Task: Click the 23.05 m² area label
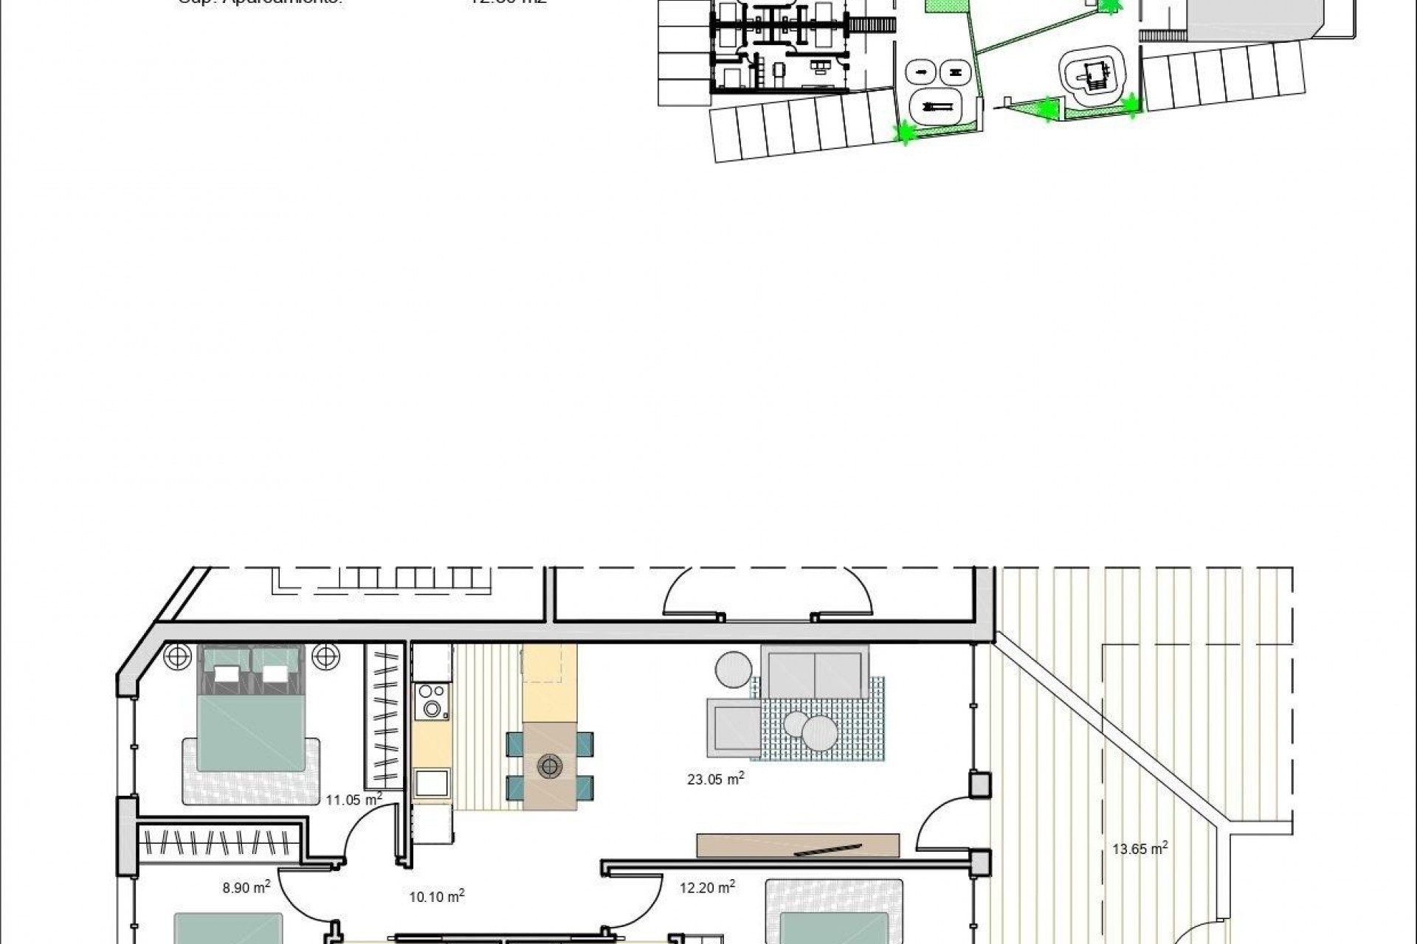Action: click(x=715, y=779)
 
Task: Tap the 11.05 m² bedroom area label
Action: click(x=354, y=799)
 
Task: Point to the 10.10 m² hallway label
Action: click(x=436, y=897)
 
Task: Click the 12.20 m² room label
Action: click(x=706, y=888)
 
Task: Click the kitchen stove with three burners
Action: click(x=432, y=701)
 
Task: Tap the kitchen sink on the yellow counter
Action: click(x=432, y=782)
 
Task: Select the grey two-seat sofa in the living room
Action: click(x=815, y=671)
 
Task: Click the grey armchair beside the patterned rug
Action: click(x=733, y=728)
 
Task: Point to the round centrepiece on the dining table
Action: click(x=549, y=766)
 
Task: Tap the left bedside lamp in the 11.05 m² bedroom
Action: click(x=177, y=655)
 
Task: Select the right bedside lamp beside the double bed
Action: click(x=325, y=655)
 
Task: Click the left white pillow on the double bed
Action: click(x=227, y=674)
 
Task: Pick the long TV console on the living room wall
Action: click(x=798, y=846)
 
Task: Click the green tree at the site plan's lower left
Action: click(x=903, y=133)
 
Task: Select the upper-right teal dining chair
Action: click(x=585, y=743)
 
